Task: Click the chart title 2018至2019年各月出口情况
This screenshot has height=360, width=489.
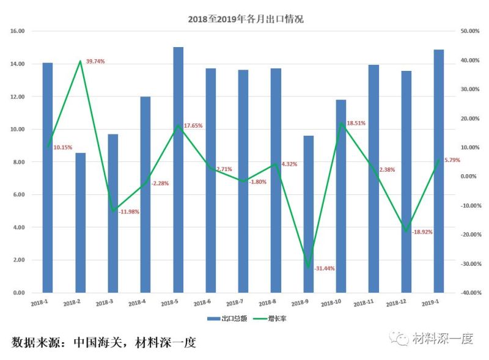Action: pos(245,19)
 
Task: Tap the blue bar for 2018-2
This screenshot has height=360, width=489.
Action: pos(80,222)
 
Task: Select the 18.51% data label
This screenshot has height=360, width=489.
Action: pos(356,123)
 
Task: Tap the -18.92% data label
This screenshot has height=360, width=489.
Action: pos(422,232)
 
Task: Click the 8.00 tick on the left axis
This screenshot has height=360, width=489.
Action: pos(18,162)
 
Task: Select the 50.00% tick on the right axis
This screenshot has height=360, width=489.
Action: pos(470,31)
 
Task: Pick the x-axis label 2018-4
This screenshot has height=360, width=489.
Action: pos(137,303)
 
